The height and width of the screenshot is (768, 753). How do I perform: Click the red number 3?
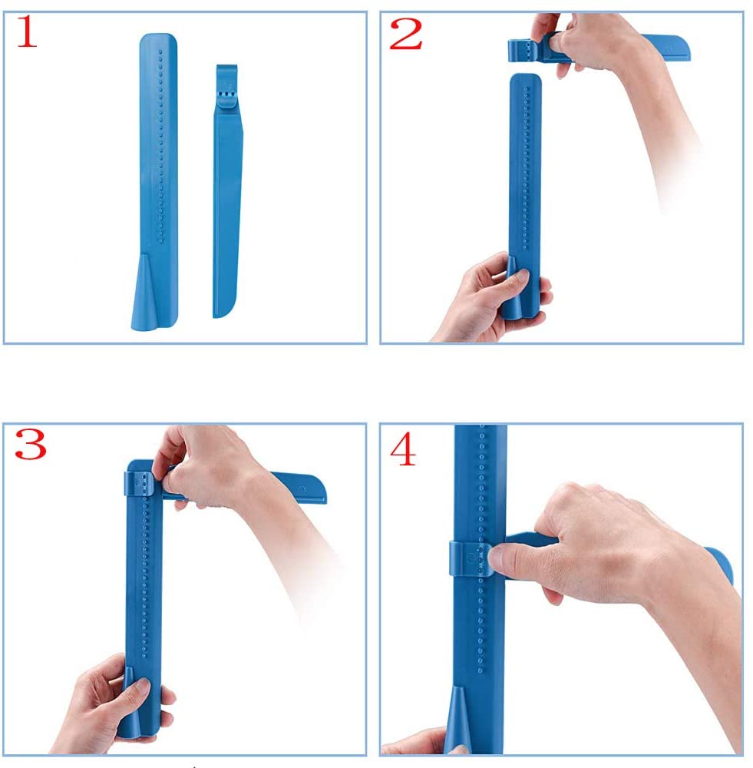click(31, 445)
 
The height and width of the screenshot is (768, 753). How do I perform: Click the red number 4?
click(404, 451)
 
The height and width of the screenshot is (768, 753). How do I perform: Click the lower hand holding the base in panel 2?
click(491, 300)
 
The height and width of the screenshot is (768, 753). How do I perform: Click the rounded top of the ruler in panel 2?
click(526, 81)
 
